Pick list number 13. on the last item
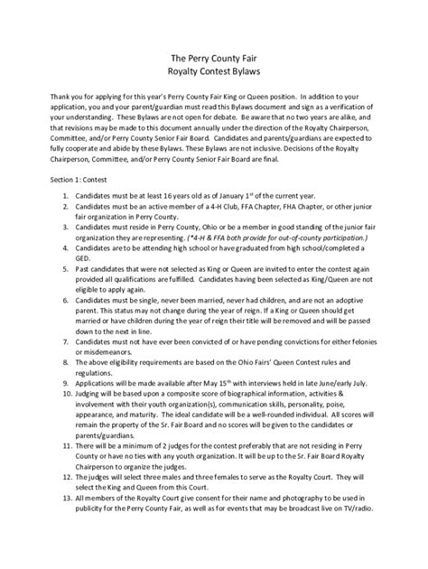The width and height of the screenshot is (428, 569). click(66, 522)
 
